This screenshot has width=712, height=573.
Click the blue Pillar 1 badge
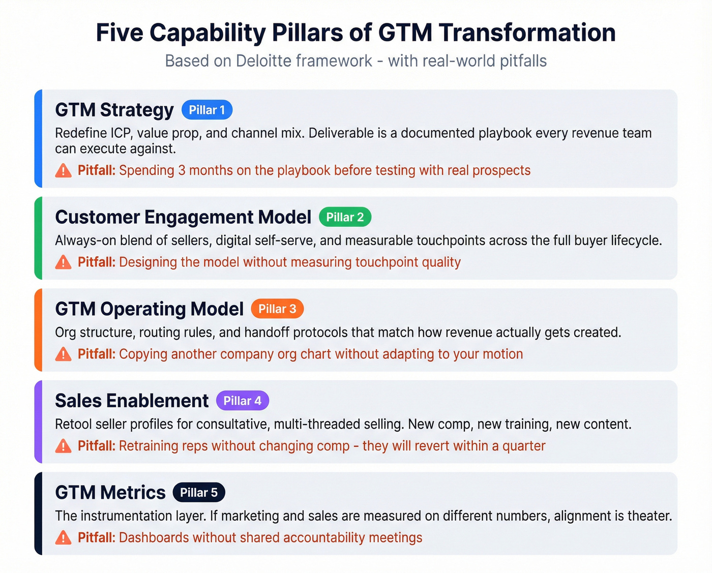[207, 110]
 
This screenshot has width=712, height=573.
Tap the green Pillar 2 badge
[345, 217]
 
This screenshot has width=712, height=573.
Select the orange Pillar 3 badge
[277, 309]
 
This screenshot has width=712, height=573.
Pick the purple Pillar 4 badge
[243, 401]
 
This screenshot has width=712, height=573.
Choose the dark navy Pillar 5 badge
[199, 492]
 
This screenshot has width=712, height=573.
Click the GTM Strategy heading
[114, 110]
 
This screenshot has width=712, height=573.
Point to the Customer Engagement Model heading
[183, 217]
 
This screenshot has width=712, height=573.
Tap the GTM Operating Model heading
[150, 309]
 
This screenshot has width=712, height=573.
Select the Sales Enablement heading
[132, 401]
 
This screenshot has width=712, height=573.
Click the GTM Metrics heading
[110, 492]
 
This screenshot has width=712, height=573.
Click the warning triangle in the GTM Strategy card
[63, 170]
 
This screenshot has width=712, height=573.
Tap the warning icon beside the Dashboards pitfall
[63, 537]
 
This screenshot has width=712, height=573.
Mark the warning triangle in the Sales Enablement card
[63, 446]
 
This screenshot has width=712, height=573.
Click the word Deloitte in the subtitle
[263, 61]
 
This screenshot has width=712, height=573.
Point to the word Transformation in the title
[527, 33]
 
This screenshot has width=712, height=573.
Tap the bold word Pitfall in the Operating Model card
[97, 354]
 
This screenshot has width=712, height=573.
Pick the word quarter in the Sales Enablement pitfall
[524, 446]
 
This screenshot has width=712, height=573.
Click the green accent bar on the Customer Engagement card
[38, 238]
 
